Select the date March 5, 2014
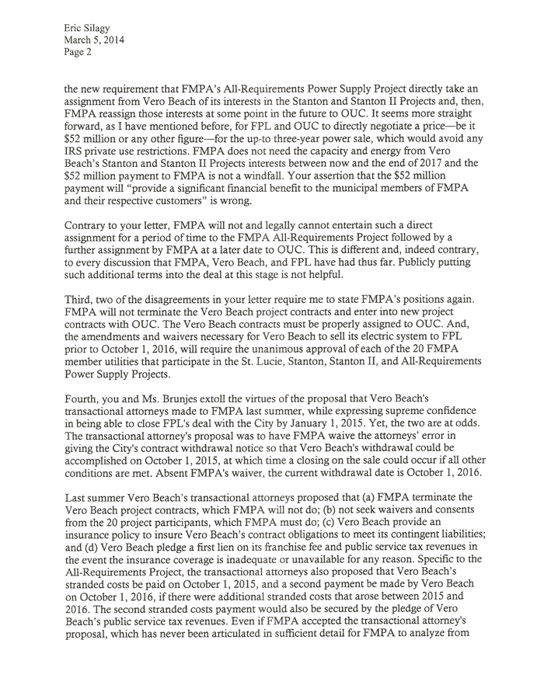pyautogui.click(x=94, y=40)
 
